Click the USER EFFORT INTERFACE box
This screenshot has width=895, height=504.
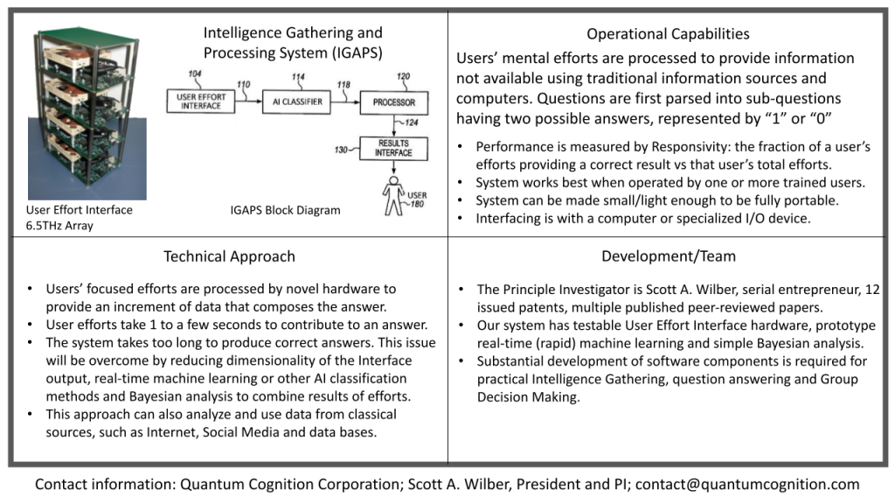201,101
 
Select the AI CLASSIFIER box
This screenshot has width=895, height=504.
297,101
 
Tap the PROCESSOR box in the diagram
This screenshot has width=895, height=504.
394,102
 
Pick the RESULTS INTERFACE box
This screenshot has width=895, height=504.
393,148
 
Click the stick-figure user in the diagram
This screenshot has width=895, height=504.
393,195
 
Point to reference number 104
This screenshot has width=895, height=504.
195,73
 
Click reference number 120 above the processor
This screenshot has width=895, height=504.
403,76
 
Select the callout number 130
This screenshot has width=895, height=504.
341,150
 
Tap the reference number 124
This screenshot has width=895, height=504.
412,122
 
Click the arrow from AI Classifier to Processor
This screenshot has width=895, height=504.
345,101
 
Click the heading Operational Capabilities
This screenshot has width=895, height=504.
668,34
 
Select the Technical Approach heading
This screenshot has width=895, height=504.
230,256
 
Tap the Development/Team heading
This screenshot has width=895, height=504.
669,256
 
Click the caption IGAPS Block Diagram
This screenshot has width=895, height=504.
286,210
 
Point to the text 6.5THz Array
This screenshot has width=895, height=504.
59,226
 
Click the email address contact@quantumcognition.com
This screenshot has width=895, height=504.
747,485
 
